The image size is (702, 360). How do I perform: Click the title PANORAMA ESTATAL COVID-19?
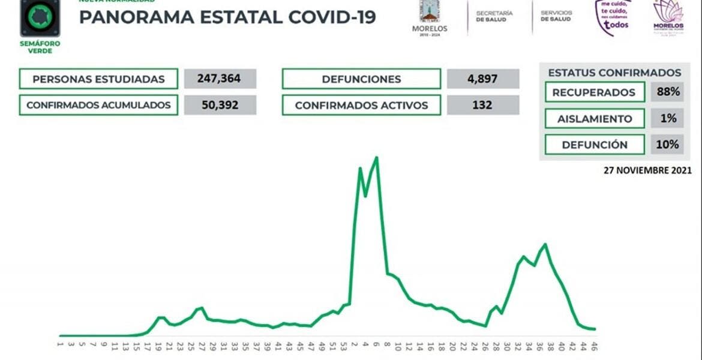click(x=227, y=17)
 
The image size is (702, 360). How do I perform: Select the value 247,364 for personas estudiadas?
click(x=220, y=79)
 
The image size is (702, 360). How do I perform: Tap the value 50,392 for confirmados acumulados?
click(x=220, y=105)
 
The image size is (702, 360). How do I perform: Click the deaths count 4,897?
click(x=483, y=79)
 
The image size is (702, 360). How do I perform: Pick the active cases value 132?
click(x=483, y=105)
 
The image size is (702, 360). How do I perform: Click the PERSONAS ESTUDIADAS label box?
click(x=98, y=79)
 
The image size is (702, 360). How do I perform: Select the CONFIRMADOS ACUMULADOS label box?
click(x=98, y=105)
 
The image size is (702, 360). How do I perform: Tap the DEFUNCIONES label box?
click(x=361, y=79)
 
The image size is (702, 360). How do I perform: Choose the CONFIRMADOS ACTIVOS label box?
click(x=361, y=105)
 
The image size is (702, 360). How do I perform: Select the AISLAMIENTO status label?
click(x=595, y=119)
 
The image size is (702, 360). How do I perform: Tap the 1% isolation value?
click(x=668, y=119)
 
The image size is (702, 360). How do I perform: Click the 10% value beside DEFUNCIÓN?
click(x=668, y=145)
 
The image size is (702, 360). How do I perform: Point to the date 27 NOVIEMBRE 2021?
click(x=647, y=170)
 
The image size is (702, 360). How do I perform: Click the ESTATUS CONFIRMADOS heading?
click(x=614, y=73)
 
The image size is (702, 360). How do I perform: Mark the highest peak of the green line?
click(x=376, y=158)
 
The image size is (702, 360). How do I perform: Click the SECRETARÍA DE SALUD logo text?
click(x=494, y=16)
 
